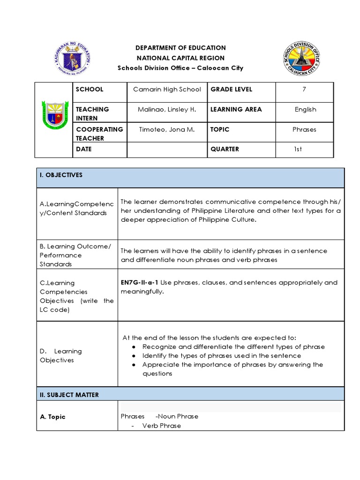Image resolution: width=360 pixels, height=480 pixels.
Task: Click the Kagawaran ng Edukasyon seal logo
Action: pos(73,58)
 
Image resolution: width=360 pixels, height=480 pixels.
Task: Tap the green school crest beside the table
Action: pos(54,119)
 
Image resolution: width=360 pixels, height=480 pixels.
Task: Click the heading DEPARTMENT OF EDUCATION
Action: pos(180,48)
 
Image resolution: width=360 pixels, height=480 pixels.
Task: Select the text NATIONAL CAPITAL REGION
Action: pos(180,58)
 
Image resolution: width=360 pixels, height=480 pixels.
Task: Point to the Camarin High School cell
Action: pos(167,89)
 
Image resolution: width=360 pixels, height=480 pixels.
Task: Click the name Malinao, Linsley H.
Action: pos(167,109)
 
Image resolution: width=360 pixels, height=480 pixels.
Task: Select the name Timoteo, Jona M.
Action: pos(167,129)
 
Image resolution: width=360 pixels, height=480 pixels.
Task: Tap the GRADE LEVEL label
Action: pos(231,89)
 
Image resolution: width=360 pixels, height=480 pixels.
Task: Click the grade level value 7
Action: pos(304,89)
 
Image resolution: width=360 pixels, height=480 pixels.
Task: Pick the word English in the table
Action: pos(305,109)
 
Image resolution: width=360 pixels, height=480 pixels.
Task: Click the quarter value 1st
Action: pos(298,149)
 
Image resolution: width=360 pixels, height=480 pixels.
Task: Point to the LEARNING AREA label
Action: pos(236,109)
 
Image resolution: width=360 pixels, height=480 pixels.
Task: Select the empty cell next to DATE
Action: pos(167,150)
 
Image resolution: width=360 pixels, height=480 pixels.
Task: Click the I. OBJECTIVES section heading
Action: pos(61,175)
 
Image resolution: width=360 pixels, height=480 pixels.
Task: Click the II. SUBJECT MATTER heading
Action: pos(69,395)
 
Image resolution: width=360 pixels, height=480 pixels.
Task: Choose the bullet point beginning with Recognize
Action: pos(233,347)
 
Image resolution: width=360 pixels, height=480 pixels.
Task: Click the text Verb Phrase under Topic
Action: pos(162,426)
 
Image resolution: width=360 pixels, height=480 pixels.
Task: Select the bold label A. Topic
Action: pos(52,417)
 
